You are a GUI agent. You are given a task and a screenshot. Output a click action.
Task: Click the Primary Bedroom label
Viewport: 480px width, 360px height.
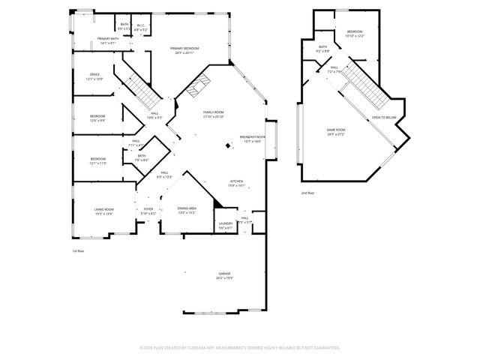(184, 50)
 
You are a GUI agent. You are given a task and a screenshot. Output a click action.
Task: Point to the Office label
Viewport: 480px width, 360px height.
(94, 76)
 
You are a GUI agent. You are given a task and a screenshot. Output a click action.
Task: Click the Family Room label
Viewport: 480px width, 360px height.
(214, 114)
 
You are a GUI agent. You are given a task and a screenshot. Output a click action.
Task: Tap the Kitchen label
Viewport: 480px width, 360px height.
(237, 182)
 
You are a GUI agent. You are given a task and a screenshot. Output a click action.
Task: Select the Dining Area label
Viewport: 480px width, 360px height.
(187, 210)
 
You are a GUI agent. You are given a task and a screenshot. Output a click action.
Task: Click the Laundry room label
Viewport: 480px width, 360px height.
(226, 224)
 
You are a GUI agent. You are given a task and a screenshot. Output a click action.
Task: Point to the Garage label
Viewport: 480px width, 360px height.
(224, 275)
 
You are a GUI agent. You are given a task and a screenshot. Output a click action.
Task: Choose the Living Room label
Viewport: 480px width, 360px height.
(103, 211)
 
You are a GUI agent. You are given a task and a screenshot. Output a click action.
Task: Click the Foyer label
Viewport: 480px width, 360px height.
(148, 211)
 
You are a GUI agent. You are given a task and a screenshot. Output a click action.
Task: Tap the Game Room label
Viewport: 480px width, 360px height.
(334, 132)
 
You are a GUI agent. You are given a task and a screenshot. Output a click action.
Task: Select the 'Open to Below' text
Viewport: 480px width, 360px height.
(384, 118)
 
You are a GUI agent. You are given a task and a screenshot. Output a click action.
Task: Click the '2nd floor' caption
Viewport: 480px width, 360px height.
(308, 193)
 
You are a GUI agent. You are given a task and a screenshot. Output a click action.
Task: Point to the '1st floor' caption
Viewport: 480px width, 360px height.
(77, 250)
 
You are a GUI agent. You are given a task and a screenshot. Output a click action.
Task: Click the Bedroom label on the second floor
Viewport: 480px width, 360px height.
(355, 33)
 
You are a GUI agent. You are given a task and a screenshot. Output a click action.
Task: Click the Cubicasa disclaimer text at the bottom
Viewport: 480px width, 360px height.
(239, 348)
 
